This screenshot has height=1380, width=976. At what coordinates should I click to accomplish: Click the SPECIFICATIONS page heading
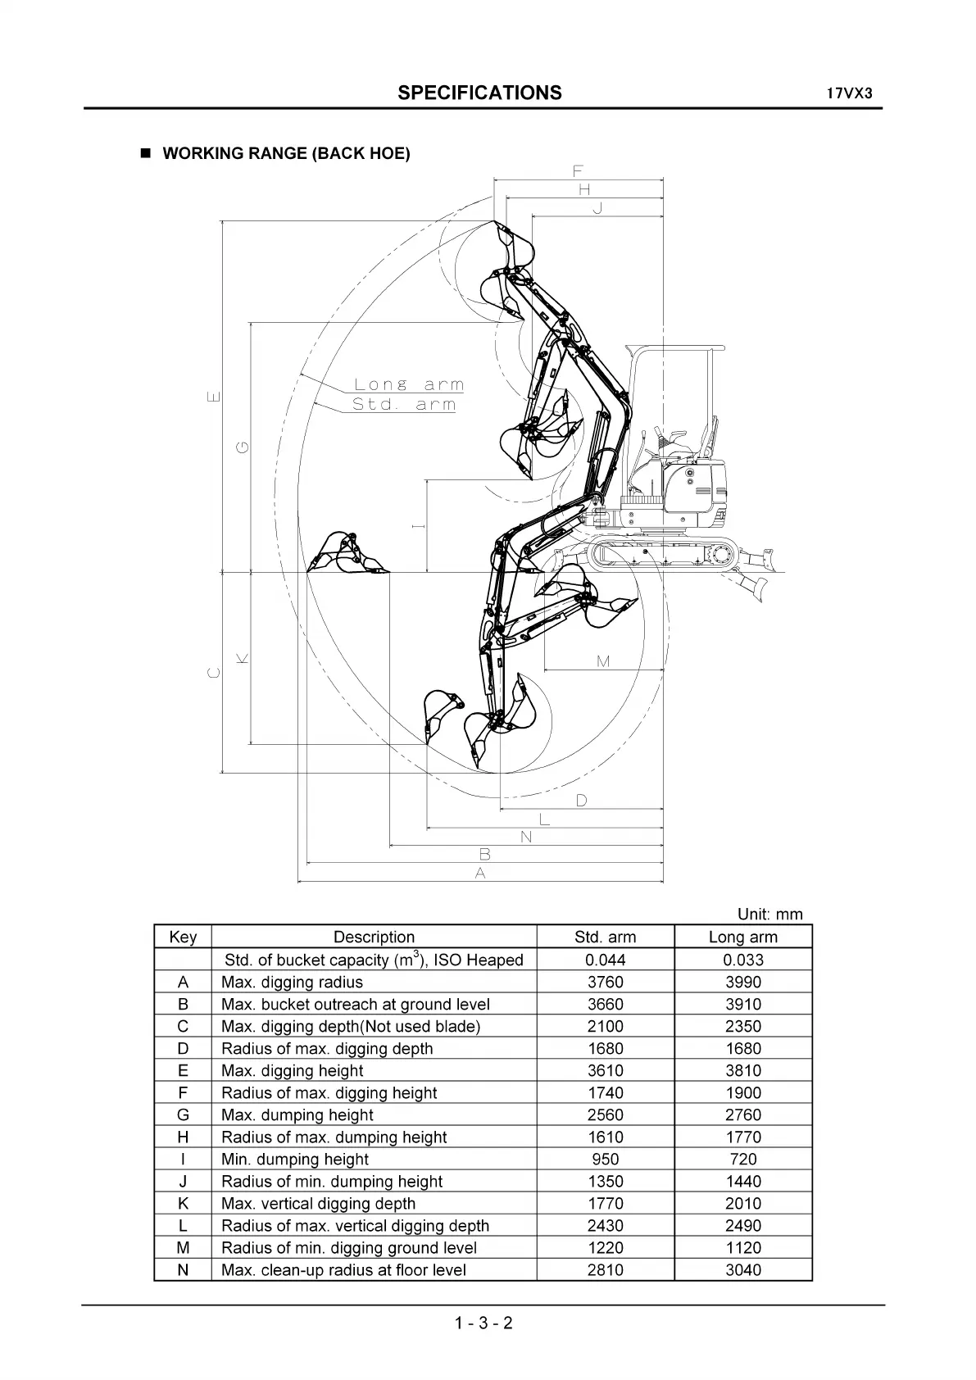click(479, 93)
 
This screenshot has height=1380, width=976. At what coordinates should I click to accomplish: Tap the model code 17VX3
click(849, 93)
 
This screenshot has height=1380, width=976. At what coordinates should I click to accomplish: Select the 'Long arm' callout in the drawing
click(408, 384)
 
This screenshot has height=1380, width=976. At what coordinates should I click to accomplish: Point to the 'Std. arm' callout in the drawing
click(403, 404)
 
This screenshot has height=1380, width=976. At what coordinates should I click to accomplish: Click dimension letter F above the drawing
click(578, 171)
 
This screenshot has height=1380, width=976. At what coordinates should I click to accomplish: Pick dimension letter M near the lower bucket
click(603, 661)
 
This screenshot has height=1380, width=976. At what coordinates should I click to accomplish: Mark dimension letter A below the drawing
click(480, 874)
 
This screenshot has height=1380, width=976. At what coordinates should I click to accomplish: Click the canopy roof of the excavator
click(676, 349)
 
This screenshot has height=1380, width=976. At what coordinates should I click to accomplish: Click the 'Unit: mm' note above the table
click(769, 915)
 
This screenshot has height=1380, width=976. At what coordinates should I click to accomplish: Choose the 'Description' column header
click(374, 937)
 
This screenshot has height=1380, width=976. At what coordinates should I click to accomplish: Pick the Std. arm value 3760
click(605, 982)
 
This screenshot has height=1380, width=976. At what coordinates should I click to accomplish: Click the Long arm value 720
click(742, 1159)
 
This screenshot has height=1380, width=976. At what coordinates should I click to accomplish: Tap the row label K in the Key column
click(183, 1203)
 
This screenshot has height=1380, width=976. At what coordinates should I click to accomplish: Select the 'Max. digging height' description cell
click(293, 1070)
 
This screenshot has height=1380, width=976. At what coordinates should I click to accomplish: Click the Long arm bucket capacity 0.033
click(742, 960)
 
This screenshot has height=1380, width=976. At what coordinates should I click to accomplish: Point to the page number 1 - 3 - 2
click(483, 1322)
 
